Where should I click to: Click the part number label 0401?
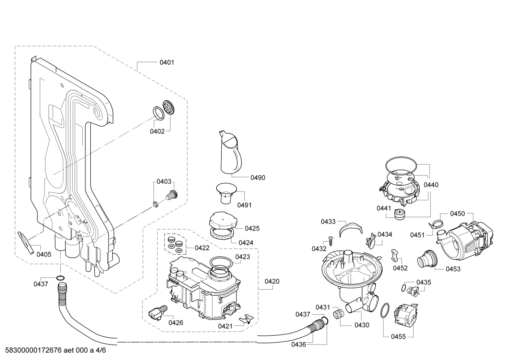[167, 62]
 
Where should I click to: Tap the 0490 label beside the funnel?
[258, 178]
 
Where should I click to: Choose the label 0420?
[272, 281]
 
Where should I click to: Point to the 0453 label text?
[453, 269]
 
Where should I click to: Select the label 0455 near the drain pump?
[398, 337]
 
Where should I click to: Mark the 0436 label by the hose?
[299, 344]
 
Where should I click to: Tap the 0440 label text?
[431, 185]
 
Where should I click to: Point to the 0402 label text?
[157, 131]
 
